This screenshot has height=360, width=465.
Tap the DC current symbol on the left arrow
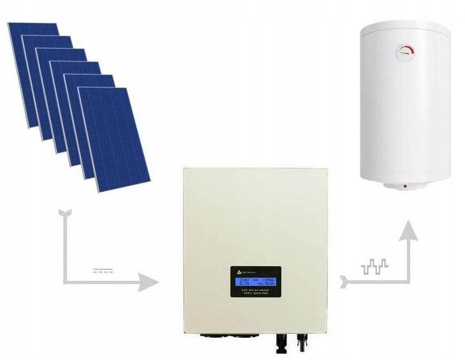pos(101,271)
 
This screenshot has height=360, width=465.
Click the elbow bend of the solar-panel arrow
pos(66,280)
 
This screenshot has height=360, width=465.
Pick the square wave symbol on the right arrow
pos(374,267)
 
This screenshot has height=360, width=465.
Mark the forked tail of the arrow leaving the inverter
pos(345,280)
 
